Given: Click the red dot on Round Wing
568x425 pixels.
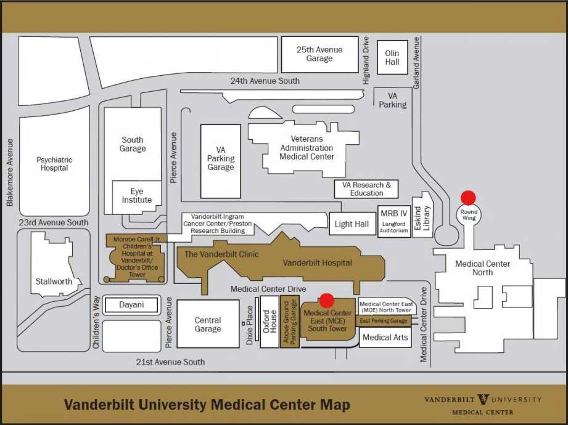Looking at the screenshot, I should coord(469,198).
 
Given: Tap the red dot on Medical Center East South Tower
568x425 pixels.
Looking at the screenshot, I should coord(327,300).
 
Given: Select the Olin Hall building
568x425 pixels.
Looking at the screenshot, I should coord(392,57).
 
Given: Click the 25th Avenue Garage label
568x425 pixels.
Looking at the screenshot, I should coord(319,54).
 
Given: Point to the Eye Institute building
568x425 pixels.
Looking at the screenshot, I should coord(137,196).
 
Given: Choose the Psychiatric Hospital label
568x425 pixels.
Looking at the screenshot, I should coord(54,164).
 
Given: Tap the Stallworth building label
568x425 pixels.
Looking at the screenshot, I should coord(54,281).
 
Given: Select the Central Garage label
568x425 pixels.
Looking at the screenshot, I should coord(208,325).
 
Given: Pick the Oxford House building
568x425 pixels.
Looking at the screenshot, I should coord(270,322).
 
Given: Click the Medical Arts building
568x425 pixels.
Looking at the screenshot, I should coord(385,338).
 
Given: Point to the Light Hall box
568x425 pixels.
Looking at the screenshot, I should coord(352,224).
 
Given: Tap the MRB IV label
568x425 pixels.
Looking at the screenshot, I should coord(393,213).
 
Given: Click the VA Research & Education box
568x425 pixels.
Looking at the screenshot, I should coord(366,189).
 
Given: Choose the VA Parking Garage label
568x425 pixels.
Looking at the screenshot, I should coord(221,158).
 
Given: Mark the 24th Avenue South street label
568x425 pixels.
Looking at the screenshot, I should coord(265,81).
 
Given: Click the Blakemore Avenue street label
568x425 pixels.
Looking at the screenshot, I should coord(10,172).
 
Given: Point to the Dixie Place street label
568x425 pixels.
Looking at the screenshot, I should coord(250,325).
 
